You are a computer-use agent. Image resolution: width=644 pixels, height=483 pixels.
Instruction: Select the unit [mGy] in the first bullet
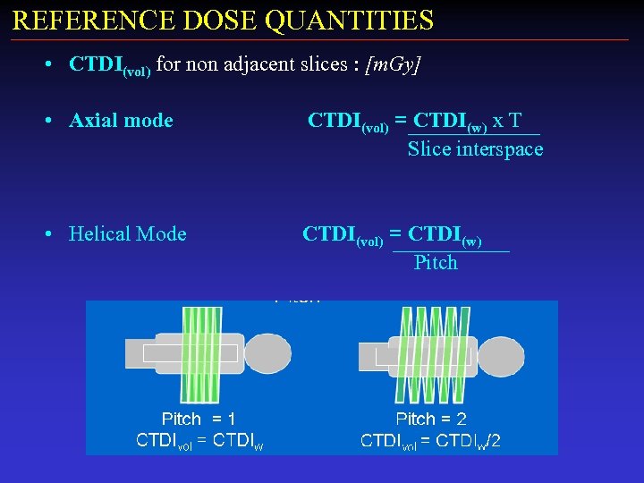(x=394, y=64)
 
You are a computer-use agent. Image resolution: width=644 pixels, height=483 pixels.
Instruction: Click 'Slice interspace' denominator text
(x=475, y=149)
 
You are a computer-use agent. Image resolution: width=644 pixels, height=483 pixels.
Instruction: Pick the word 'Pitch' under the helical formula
(x=436, y=263)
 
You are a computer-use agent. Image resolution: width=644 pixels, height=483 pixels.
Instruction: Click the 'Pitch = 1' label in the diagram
(x=199, y=419)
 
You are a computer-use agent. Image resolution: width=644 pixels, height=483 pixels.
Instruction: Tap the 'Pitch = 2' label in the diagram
(x=431, y=419)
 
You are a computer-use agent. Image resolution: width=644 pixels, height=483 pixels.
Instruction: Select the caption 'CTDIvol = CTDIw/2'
(x=430, y=440)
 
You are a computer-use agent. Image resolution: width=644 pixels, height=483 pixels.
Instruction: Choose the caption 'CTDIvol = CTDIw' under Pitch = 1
(x=199, y=440)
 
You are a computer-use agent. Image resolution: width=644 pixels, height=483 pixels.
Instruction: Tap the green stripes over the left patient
(x=202, y=354)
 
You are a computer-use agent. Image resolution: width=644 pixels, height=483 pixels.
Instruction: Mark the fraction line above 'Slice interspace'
(x=473, y=135)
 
